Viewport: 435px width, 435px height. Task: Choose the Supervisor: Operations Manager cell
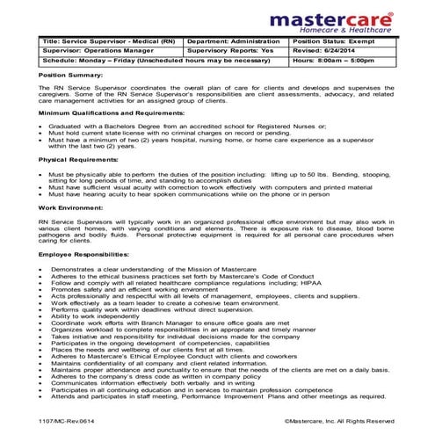pos(96,52)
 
